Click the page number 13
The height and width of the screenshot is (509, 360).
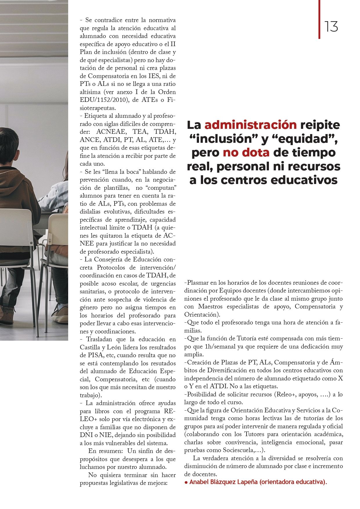[331, 27]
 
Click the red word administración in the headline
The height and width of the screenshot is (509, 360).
[250, 125]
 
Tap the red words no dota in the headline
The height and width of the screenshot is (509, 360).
[246, 153]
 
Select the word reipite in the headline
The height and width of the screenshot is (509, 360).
[320, 125]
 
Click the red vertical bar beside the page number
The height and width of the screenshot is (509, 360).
[319, 19]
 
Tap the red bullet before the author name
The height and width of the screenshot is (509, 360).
[186, 482]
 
